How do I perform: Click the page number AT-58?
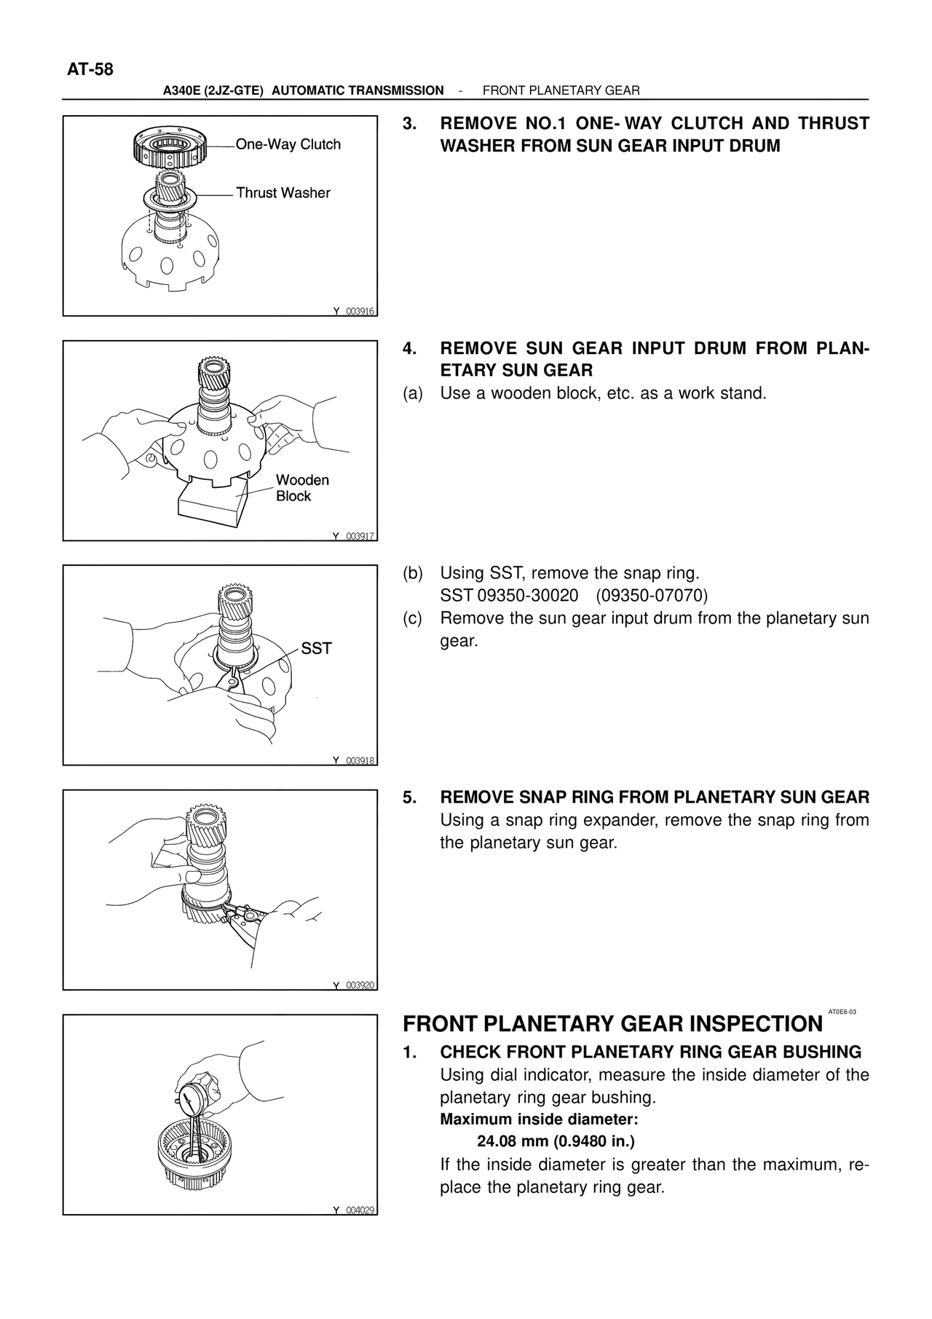point(90,70)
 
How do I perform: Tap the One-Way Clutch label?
point(288,144)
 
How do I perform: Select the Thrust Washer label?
point(283,193)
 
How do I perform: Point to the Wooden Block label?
point(303,488)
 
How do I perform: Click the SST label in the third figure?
point(317,648)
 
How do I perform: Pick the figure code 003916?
point(360,311)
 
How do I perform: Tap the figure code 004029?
point(360,1210)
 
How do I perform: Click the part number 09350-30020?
point(528,596)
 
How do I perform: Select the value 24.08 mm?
point(513,1141)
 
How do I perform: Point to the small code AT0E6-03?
point(842,1012)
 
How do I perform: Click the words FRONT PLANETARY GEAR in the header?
point(561,90)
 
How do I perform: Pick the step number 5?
point(409,797)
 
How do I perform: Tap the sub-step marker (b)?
point(413,573)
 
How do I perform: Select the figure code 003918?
point(360,760)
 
